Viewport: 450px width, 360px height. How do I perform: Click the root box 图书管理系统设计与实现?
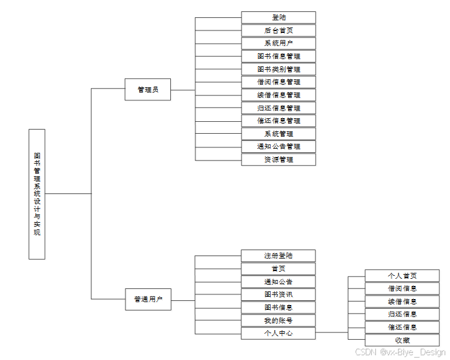(x=36, y=193)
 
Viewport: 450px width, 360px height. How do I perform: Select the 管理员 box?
(x=148, y=90)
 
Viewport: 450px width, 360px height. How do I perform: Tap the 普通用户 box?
(x=148, y=299)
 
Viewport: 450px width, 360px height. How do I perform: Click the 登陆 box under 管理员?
(x=278, y=17)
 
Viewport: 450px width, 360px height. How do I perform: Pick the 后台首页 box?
(x=278, y=30)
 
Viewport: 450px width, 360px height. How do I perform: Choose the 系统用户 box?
(x=278, y=43)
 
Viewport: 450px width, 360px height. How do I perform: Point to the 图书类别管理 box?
(x=278, y=69)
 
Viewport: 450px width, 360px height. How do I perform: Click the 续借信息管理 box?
(x=278, y=95)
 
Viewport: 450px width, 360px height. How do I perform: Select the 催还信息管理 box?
(x=278, y=121)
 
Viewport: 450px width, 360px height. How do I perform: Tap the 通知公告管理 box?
(x=278, y=146)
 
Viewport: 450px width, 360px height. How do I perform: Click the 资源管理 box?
(x=278, y=159)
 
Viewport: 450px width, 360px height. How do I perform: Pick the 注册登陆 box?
(x=278, y=256)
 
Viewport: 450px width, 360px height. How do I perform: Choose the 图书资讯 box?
(x=278, y=294)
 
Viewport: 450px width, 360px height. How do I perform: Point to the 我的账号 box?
(x=278, y=321)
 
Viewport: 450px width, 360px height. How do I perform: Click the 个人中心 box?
(x=278, y=333)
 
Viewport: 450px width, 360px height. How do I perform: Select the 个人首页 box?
(x=402, y=275)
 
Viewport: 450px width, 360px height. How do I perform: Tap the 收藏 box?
(x=402, y=340)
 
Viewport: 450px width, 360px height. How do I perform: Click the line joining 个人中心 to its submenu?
(x=332, y=333)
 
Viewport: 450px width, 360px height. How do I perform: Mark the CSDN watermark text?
(x=400, y=353)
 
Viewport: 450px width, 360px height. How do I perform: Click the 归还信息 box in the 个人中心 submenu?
(x=402, y=314)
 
